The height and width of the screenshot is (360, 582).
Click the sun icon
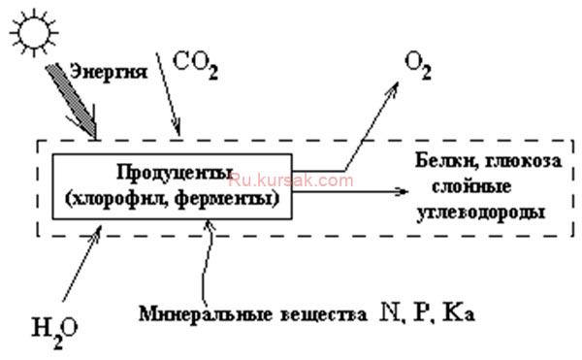[x=34, y=33]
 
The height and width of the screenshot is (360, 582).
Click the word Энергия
[x=109, y=72]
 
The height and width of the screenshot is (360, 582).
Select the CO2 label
[x=195, y=66]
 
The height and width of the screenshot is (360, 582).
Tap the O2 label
[x=418, y=66]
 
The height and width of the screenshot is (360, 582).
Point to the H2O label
[x=55, y=332]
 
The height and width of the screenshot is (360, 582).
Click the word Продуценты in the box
[x=175, y=172]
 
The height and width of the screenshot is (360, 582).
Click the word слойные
[x=471, y=186]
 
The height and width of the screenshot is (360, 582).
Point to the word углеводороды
[x=481, y=213]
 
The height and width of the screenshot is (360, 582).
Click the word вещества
[x=323, y=314]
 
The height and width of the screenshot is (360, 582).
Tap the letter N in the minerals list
[x=389, y=312]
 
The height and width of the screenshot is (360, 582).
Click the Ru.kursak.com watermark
[x=291, y=180]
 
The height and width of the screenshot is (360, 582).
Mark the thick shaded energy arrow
[x=73, y=101]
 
